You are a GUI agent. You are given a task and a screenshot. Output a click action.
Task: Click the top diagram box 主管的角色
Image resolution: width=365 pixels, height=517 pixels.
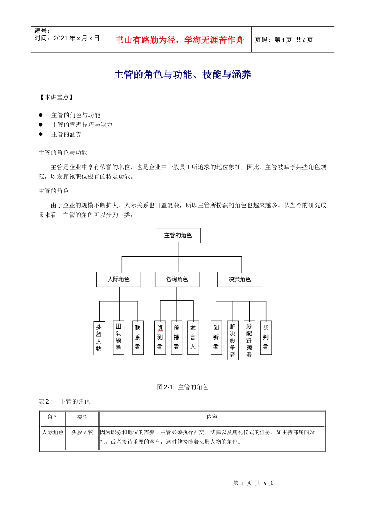coord(178,235)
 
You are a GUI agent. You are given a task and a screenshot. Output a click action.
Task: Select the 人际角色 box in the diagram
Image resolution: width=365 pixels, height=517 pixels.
coord(119,279)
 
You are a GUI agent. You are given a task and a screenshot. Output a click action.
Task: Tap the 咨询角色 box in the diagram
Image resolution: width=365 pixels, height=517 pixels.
coord(177,279)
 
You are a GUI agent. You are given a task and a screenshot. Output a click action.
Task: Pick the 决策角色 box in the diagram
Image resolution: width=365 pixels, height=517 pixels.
coord(240,279)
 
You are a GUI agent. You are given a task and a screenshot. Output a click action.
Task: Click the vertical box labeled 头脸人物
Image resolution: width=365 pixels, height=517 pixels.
coord(99,338)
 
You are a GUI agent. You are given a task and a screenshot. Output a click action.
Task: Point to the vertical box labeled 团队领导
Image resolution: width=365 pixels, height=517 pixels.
coord(118,337)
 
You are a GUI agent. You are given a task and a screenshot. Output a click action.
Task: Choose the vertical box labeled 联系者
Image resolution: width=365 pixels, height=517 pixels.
coord(138,337)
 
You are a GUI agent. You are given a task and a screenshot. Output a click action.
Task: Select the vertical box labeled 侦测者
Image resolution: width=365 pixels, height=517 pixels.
coord(160,337)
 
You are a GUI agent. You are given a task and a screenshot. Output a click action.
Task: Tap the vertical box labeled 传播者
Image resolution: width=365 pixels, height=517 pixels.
coord(176,337)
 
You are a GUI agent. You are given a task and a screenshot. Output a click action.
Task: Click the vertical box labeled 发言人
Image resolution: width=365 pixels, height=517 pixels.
coord(193,337)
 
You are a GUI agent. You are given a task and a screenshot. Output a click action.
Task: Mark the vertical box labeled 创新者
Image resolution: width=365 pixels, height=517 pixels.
coord(216,337)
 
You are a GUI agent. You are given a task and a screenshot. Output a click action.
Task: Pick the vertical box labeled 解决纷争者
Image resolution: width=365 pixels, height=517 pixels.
coord(232,340)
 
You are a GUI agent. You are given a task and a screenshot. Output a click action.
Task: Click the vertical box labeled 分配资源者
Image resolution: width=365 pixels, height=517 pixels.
coord(249,340)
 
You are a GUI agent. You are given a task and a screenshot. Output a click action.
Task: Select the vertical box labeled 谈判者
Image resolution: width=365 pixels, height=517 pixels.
coord(265,337)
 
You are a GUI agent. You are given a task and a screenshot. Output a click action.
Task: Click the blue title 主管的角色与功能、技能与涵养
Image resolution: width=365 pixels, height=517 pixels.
coord(182,75)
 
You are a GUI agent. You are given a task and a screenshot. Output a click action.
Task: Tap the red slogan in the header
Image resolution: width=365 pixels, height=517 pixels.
coord(179,40)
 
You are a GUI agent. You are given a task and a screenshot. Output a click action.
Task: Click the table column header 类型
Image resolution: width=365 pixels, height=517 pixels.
coord(82,417)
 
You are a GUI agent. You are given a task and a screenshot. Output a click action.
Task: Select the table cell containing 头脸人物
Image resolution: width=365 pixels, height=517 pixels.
coord(82,432)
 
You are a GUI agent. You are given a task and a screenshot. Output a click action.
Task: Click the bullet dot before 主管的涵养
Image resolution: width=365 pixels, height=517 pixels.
coord(40,134)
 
